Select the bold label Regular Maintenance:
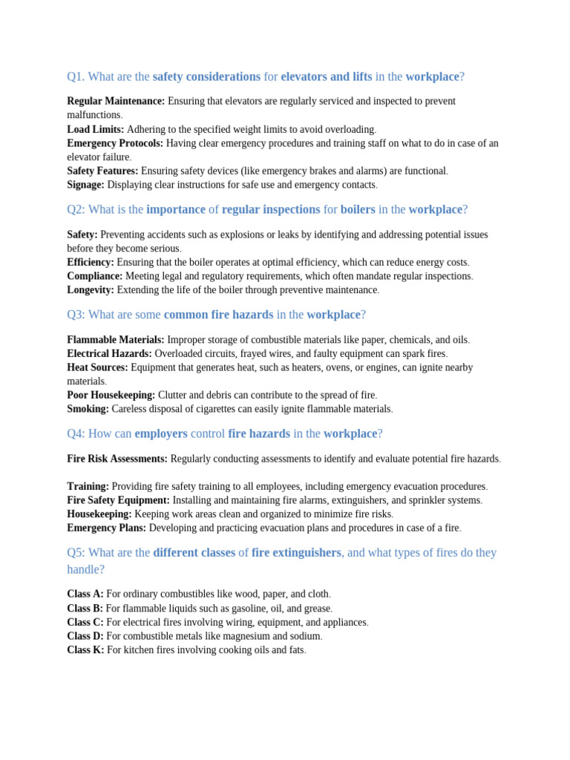[116, 101]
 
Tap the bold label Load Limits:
[95, 129]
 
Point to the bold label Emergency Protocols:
[115, 143]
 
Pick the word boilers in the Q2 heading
[358, 209]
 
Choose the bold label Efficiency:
[91, 262]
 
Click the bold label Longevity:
[91, 290]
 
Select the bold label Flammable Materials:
[115, 340]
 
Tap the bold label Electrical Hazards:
[109, 354]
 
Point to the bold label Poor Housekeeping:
[111, 395]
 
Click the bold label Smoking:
[88, 409]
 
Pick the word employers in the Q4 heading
[161, 433]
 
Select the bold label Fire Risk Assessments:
[117, 459]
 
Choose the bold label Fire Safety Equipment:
[118, 500]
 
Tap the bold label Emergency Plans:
[107, 528]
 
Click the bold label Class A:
[85, 594]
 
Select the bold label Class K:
[85, 650]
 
